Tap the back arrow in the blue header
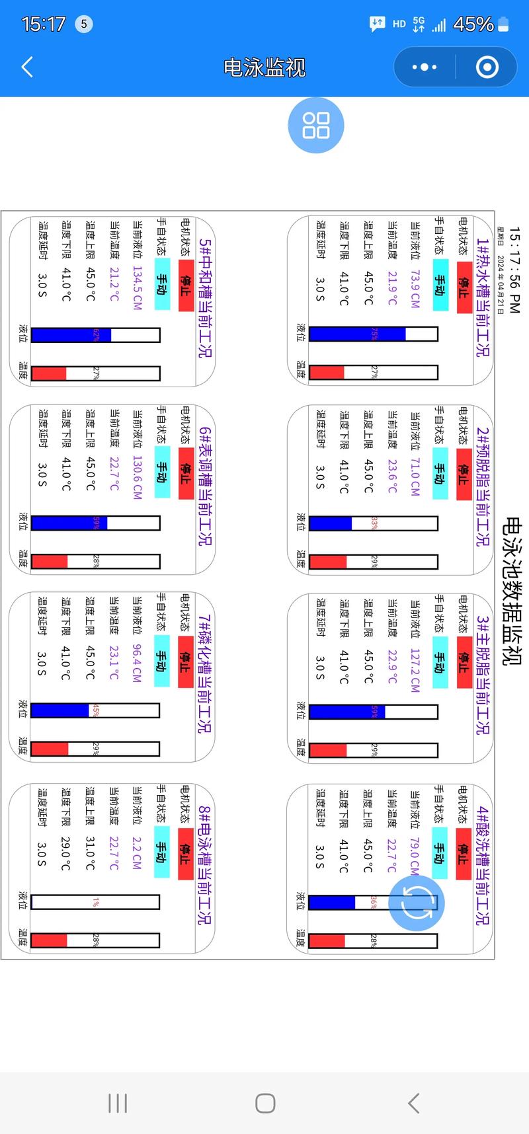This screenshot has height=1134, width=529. click(x=27, y=67)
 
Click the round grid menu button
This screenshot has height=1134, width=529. click(x=316, y=125)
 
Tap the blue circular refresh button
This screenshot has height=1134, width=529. click(x=416, y=903)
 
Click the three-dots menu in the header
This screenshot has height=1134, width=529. click(x=424, y=67)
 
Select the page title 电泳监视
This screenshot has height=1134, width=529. click(x=264, y=67)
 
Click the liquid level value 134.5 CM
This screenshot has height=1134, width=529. click(x=137, y=288)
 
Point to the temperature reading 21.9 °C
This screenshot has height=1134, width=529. click(x=392, y=288)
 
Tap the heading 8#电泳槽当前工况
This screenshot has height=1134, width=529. click(x=204, y=866)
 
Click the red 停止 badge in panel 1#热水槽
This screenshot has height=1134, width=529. click(x=464, y=287)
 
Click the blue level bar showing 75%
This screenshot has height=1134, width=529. click(x=357, y=334)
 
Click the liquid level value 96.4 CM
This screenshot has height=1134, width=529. click(x=137, y=663)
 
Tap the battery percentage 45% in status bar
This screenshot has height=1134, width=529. click(x=473, y=24)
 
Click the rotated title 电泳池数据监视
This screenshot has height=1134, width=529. click(x=512, y=591)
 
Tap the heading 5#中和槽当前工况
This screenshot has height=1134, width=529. click(x=205, y=297)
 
